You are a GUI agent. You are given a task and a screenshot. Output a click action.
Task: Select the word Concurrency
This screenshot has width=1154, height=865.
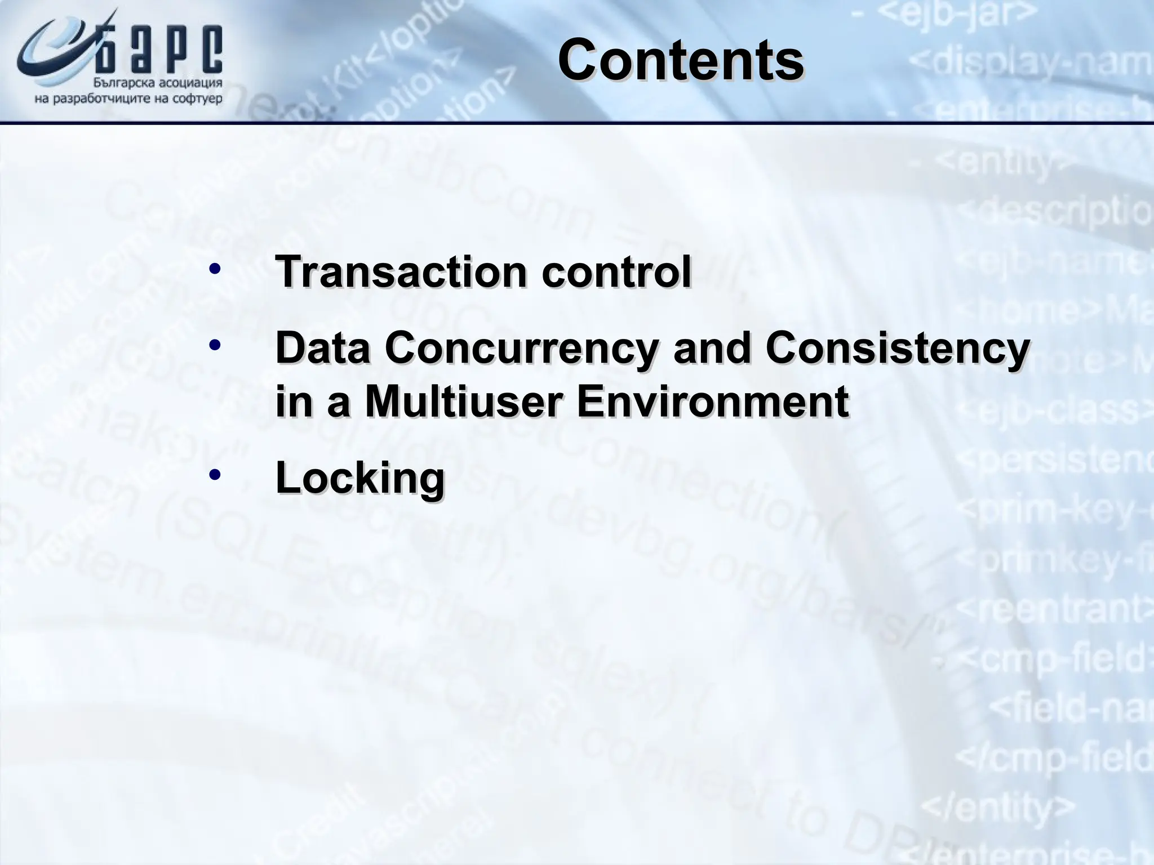pos(521,348)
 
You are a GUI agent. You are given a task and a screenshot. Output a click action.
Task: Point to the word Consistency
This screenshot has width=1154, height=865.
pos(898,349)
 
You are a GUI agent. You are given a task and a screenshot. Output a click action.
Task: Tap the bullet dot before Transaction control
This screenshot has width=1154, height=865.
pos(214,269)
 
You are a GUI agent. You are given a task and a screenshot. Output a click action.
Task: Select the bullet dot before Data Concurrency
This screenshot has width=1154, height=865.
pos(214,345)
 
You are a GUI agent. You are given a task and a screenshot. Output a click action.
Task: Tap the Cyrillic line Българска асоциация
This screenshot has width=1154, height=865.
pos(157,83)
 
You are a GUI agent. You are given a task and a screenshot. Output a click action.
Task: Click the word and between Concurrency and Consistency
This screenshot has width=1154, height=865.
pos(712,348)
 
